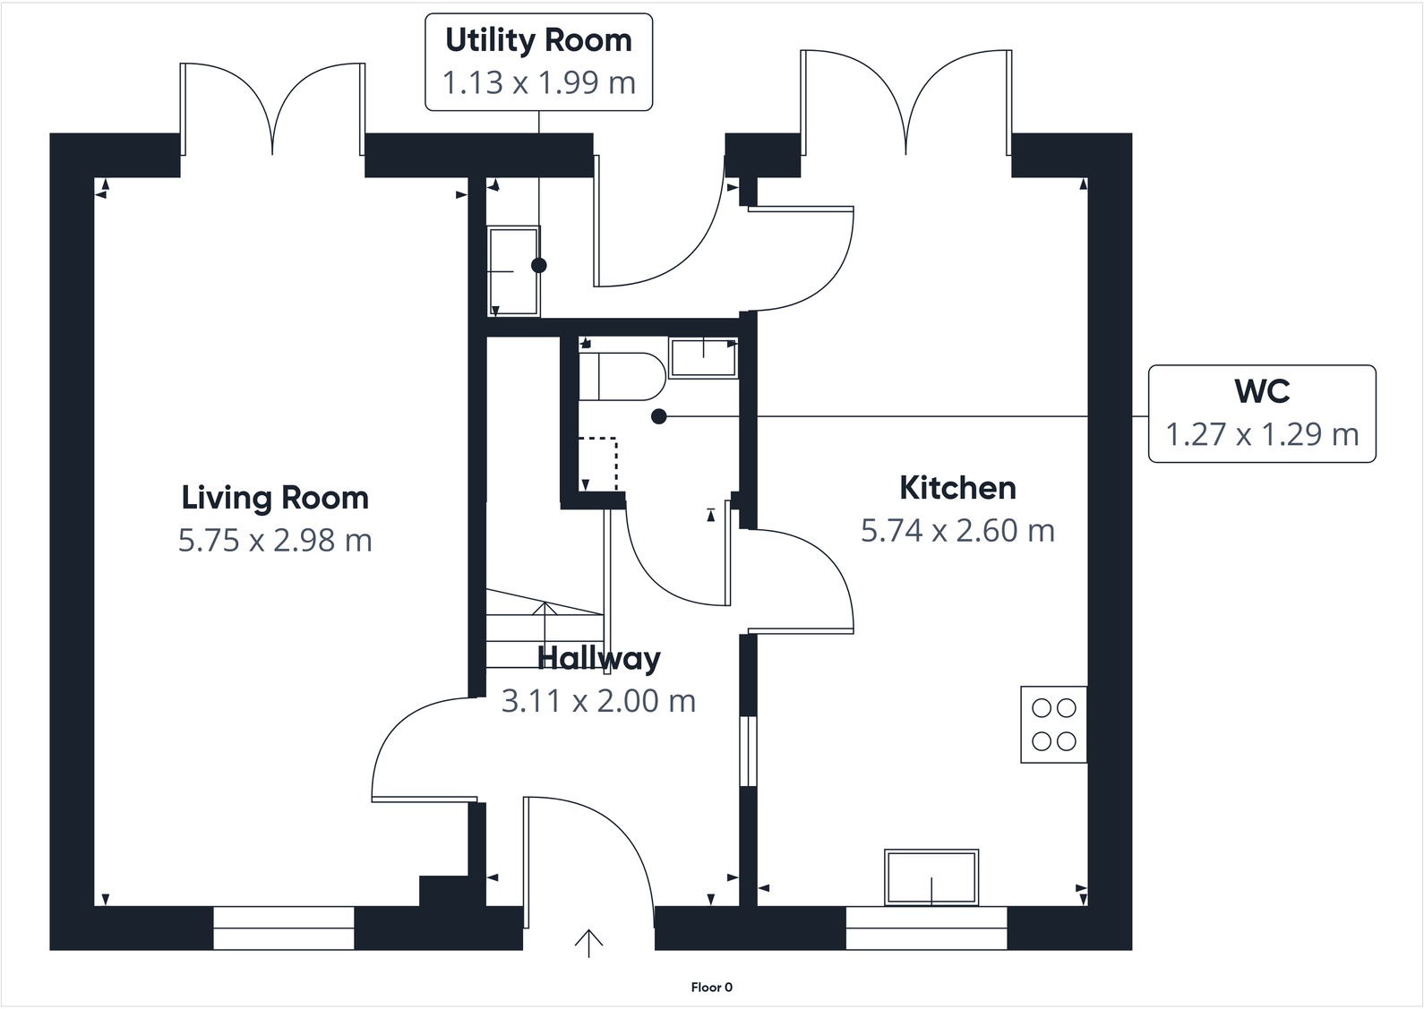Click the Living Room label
[x=275, y=498]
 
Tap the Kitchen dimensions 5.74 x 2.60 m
[x=957, y=531]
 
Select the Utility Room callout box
[x=538, y=62]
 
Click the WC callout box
[x=1261, y=414]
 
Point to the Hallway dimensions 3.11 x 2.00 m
[x=598, y=701]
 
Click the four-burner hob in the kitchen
[x=1053, y=724]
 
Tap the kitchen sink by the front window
[x=931, y=876]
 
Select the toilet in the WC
[x=619, y=376]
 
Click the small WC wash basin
[x=703, y=358]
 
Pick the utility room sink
[x=513, y=271]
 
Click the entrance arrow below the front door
[x=588, y=944]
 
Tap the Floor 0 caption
[x=711, y=988]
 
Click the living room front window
[x=284, y=928]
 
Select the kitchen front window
[x=926, y=928]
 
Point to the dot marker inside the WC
[x=659, y=416]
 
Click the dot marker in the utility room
[x=538, y=265]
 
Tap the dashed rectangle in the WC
[x=597, y=464]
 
